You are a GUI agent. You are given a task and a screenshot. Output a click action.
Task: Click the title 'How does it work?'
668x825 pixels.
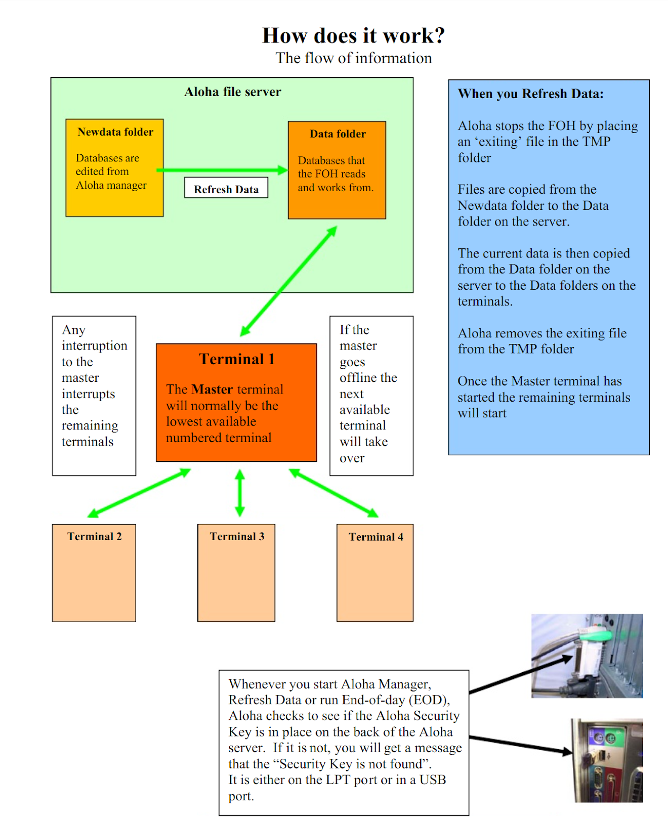tap(353, 35)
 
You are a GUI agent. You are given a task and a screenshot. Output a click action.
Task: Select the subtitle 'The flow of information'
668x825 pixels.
tap(353, 58)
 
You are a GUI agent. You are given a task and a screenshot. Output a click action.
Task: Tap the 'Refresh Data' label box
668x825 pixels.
tap(226, 189)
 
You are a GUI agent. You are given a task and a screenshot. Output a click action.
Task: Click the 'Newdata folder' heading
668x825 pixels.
tap(115, 132)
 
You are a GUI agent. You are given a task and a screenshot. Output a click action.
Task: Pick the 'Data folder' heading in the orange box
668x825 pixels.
tap(338, 134)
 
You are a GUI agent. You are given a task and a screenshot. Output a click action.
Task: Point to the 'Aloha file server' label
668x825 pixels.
tap(232, 92)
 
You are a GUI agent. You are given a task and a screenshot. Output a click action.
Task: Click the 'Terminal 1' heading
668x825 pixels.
tap(236, 359)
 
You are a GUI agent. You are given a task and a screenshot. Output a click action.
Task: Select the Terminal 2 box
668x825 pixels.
tap(94, 573)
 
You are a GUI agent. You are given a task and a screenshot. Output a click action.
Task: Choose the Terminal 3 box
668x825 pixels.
tap(236, 573)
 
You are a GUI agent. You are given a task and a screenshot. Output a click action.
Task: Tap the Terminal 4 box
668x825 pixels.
tap(375, 573)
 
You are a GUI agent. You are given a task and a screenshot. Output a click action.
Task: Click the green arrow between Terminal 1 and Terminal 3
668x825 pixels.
tap(240, 493)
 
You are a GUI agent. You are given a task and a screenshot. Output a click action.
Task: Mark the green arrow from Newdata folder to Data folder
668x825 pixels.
tap(223, 170)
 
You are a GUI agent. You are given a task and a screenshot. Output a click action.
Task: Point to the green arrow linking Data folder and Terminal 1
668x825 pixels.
tap(288, 281)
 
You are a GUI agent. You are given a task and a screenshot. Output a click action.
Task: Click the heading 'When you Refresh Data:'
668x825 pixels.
tap(530, 94)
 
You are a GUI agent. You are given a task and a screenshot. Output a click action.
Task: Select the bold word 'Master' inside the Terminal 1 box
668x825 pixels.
tap(212, 389)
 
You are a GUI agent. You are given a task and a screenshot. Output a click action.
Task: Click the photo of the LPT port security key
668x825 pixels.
tap(587, 656)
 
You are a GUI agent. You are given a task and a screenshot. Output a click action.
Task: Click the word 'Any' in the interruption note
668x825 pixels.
tap(74, 330)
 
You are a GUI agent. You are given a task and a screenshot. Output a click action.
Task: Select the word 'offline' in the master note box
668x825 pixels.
tap(358, 378)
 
